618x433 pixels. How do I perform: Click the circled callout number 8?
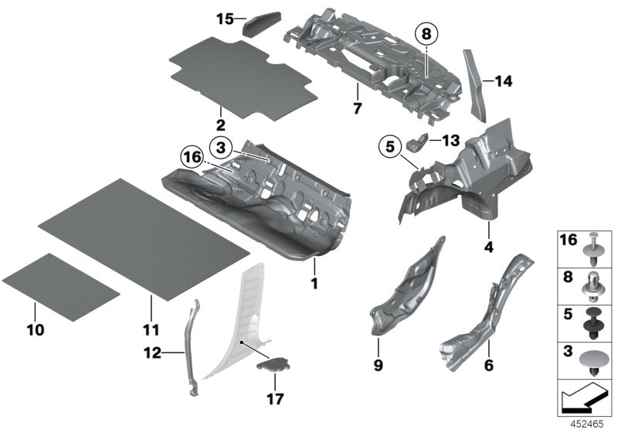tap(426, 33)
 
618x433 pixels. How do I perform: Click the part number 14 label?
tap(503, 80)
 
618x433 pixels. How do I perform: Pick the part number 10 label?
tap(35, 329)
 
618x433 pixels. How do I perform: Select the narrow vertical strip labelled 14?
tap(474, 85)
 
